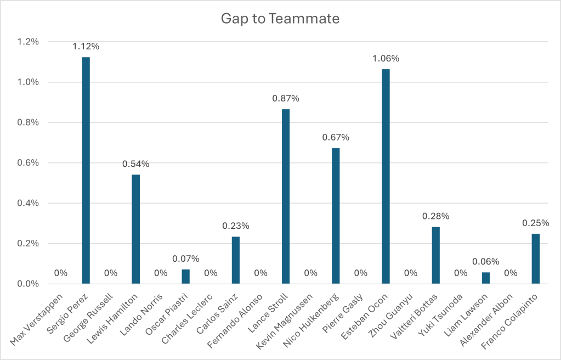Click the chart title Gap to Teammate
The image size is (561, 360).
click(x=280, y=19)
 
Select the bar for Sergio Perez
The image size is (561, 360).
click(x=86, y=170)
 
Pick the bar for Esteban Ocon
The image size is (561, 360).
click(x=386, y=176)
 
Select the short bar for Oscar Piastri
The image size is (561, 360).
click(x=186, y=277)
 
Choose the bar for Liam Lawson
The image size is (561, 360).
click(x=486, y=278)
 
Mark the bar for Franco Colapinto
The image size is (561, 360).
click(x=536, y=258)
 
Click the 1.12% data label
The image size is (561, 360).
click(x=86, y=47)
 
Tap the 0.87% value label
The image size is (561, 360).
click(x=286, y=99)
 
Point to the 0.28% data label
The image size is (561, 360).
click(x=436, y=216)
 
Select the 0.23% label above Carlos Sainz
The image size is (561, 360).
click(x=236, y=226)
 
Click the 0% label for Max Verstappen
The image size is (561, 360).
click(x=61, y=273)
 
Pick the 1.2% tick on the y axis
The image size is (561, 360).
click(x=28, y=42)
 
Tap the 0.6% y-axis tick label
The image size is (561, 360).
click(x=28, y=163)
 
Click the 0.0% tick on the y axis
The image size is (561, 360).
click(x=28, y=284)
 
